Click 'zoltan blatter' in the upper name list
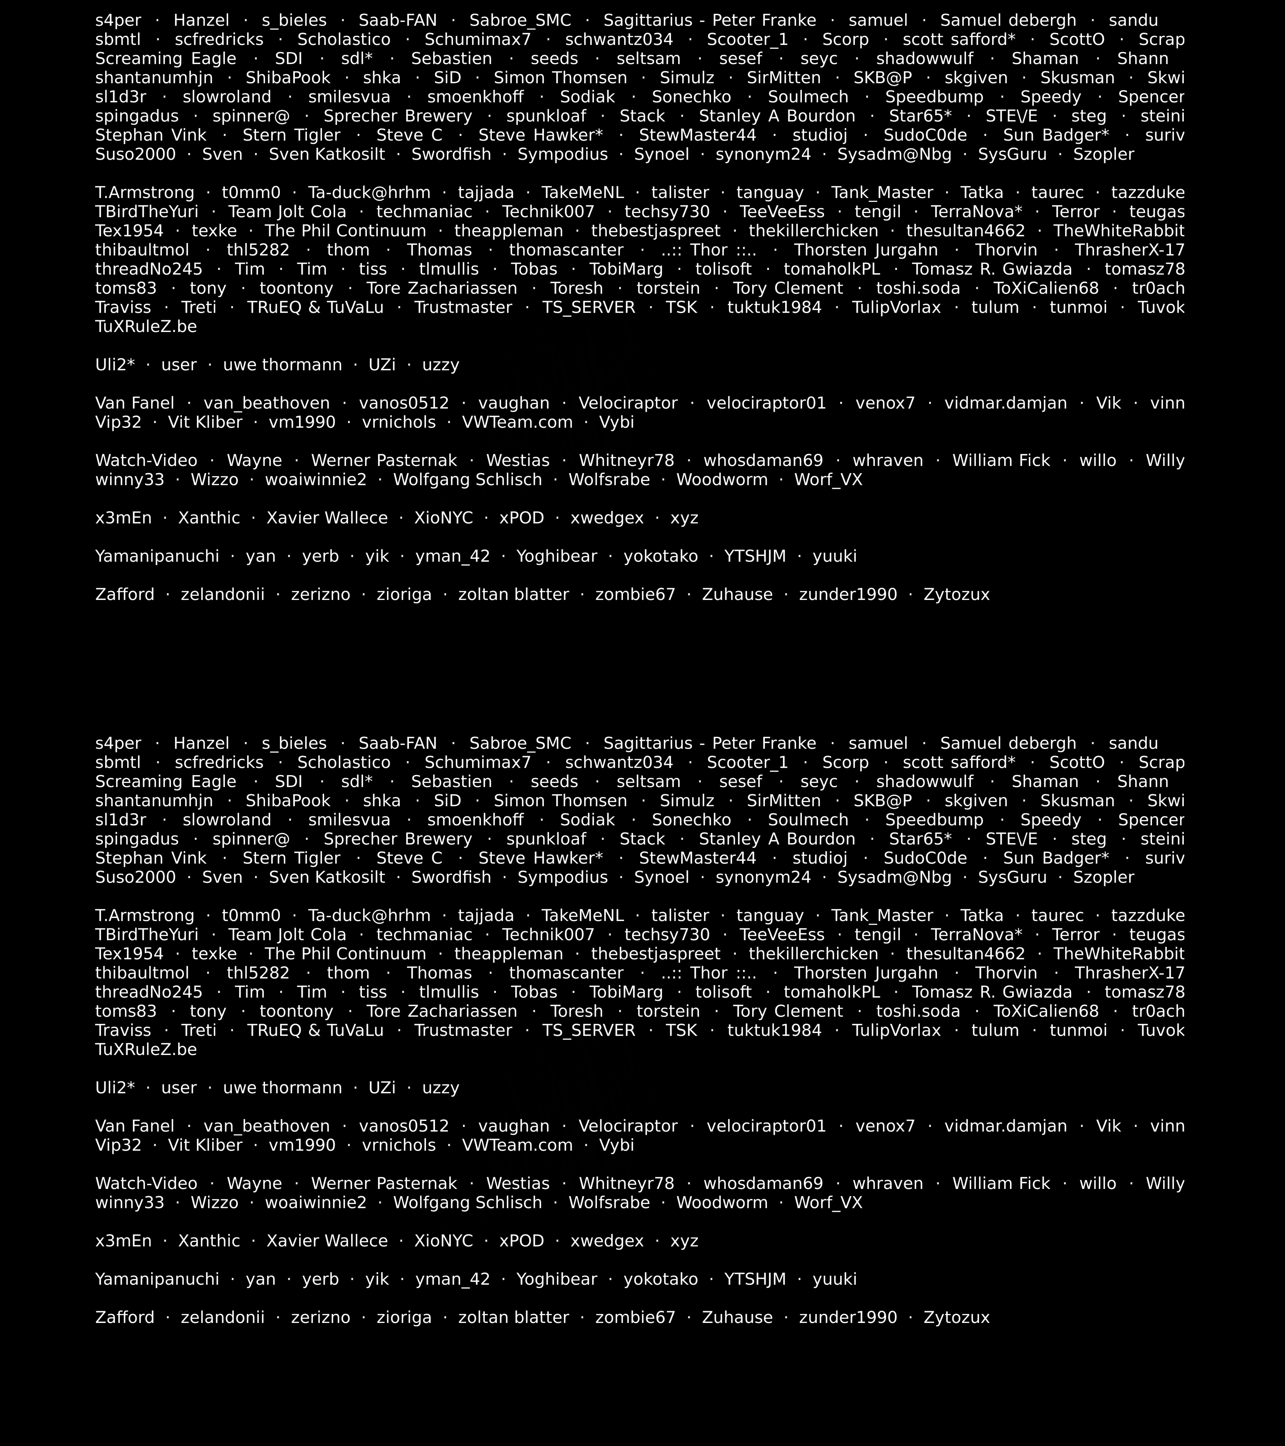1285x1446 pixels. (513, 594)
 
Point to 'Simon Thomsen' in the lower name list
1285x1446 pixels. (560, 801)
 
